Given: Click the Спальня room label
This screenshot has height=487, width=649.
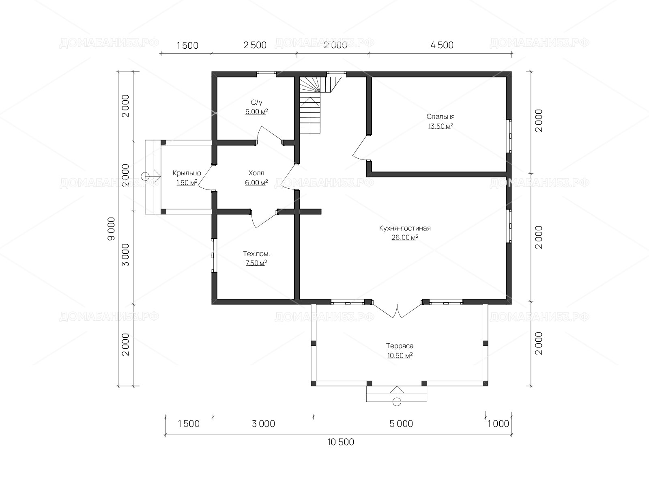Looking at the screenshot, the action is coord(440,116).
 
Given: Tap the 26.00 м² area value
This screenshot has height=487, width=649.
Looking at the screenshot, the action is coord(405,237).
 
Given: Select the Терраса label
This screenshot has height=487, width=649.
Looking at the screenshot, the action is coord(400,346).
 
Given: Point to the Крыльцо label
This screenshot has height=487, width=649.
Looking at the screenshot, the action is coord(187,173).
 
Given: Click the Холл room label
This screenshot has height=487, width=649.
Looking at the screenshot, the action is coord(256,173).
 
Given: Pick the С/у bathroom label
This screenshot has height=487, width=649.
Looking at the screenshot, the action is coord(256,102).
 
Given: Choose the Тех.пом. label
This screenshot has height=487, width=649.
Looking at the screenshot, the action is coord(256,254).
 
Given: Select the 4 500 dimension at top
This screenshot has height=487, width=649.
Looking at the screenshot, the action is coord(442,45).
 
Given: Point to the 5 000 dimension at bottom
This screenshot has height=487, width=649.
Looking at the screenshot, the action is coord(401,424).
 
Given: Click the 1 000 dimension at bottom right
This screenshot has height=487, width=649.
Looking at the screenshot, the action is coord(498,424).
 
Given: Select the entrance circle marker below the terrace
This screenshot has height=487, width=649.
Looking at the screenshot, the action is coord(396,402).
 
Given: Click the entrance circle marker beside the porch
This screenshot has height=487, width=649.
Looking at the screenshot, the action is coord(145,177).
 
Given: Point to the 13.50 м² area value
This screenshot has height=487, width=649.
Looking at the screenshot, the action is coord(441,126).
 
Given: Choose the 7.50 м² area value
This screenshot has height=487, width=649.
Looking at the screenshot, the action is coord(256,263).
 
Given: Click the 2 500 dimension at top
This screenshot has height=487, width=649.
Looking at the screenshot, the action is coord(255,45).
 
